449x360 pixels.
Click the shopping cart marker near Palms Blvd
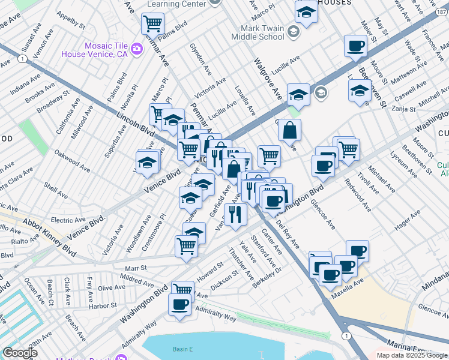[152, 24]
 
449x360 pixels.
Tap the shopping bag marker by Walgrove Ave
[289, 130]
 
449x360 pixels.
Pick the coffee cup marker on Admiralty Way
[179, 304]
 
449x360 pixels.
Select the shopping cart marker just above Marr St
[186, 245]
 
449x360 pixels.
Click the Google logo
[20, 352]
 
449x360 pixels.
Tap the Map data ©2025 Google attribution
[412, 355]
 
